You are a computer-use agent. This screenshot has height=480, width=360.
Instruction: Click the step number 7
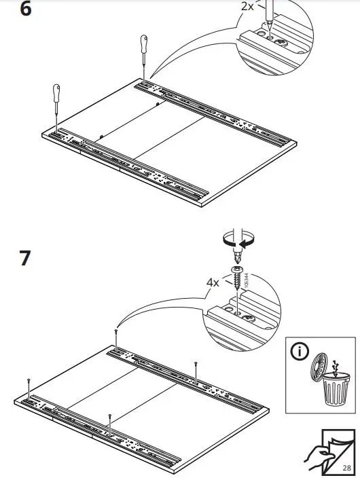pos(25,259)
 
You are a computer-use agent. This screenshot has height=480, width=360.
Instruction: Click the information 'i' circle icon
pos(298,354)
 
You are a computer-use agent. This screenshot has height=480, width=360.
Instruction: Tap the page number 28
pos(346,468)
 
